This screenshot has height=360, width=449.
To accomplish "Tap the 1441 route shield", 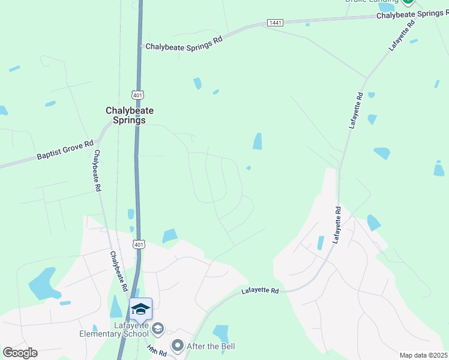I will [x=274, y=23].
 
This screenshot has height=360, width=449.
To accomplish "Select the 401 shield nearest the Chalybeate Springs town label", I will [x=139, y=95].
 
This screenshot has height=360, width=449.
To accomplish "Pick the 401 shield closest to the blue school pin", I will [x=139, y=244].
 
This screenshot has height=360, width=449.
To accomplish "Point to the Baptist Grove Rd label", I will [x=65, y=149].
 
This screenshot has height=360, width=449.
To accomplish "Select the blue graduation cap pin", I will [x=140, y=310].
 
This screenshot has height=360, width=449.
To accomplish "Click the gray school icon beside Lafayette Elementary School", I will [x=158, y=328].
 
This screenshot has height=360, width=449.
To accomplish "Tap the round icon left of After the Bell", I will [x=177, y=346].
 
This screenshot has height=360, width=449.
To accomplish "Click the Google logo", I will [x=20, y=353].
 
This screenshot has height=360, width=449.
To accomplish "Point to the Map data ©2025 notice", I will [x=423, y=355].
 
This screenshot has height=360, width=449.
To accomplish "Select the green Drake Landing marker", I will [x=409, y=2].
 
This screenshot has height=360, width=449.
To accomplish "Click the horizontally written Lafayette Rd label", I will [x=261, y=291].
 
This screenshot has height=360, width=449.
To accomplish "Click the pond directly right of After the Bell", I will [x=220, y=333].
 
